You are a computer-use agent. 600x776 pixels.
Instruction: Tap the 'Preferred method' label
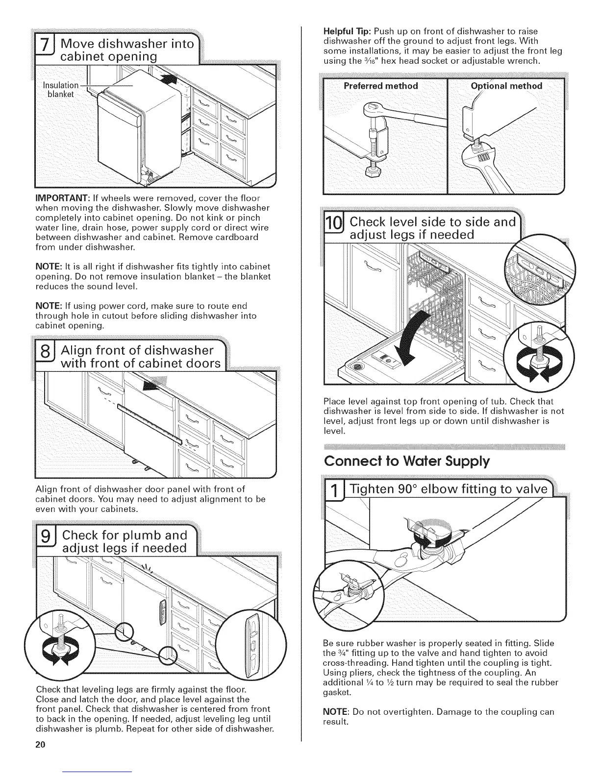pyautogui.click(x=380, y=86)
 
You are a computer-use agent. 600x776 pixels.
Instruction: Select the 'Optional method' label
pyautogui.click(x=506, y=86)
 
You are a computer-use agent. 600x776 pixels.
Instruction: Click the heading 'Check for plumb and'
pyautogui.click(x=125, y=534)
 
